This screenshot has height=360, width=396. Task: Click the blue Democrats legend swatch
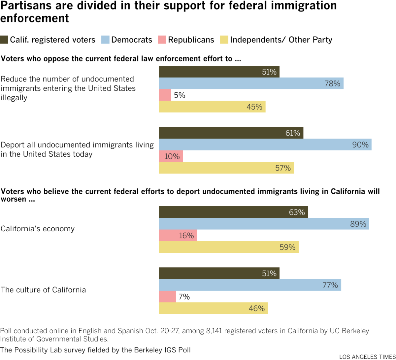[105, 40]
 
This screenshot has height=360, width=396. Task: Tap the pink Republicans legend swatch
[162, 40]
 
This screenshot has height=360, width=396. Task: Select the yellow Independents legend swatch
[224, 40]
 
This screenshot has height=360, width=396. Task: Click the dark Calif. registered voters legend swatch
[4, 40]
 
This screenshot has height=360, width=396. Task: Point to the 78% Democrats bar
[251, 83]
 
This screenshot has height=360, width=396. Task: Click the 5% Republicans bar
[165, 95]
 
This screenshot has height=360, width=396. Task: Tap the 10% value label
[172, 156]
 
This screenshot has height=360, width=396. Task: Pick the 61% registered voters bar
[231, 133]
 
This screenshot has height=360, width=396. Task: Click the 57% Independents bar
[226, 168]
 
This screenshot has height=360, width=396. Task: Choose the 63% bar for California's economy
[233, 212]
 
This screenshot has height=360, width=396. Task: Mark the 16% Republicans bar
[178, 236]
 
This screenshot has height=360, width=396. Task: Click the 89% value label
[358, 224]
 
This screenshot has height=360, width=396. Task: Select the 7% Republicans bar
[167, 297]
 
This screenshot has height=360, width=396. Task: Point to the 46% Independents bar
[213, 308]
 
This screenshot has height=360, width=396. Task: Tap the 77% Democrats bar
[250, 285]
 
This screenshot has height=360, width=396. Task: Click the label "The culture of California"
[43, 290]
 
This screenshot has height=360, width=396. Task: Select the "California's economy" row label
[38, 229]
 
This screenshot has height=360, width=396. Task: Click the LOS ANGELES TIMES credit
[367, 357]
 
